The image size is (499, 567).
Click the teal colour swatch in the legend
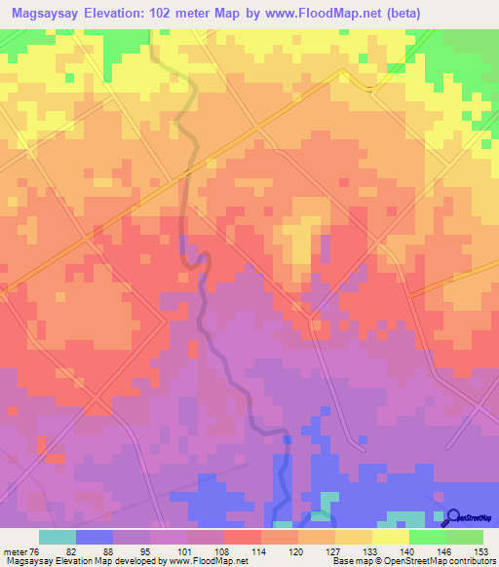click(58, 538)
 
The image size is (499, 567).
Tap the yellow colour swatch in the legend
click(391, 538)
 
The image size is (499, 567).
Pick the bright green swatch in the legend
click(428, 538)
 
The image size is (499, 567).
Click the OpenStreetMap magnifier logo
click(453, 516)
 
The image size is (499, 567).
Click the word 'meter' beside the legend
click(14, 551)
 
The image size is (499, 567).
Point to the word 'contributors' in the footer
click(469, 562)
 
